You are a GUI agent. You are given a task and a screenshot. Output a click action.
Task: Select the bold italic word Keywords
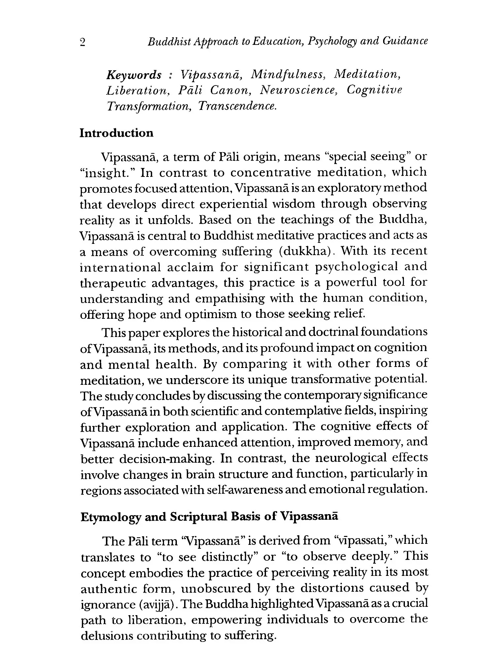(134, 75)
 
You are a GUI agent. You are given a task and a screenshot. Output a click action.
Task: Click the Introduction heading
(116, 133)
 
